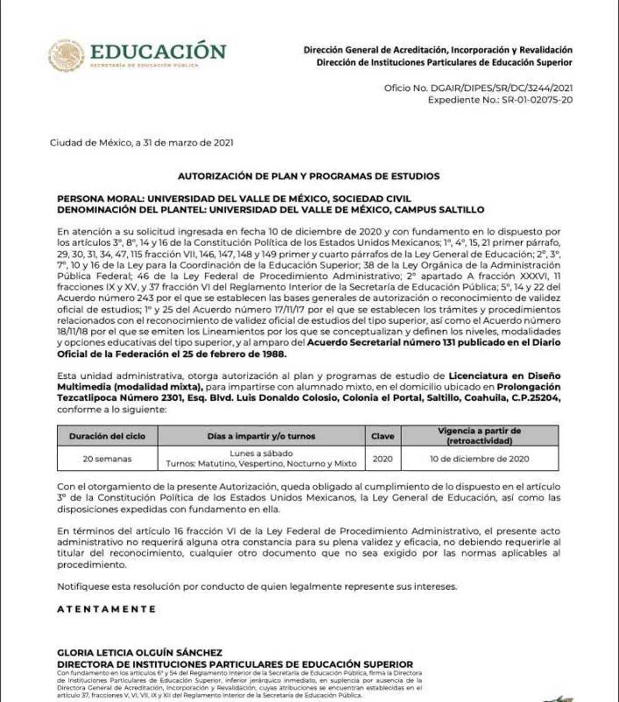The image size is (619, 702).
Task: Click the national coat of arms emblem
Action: [66, 55]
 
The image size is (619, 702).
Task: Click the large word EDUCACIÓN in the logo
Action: [158, 50]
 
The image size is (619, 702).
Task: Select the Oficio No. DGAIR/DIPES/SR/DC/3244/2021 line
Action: [478, 89]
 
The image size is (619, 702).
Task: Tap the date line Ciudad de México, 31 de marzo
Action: [142, 143]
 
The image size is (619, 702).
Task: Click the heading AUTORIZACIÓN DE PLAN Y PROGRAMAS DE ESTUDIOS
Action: [309, 176]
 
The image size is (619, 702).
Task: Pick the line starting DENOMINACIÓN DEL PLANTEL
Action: [270, 209]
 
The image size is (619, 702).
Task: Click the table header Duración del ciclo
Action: [107, 436]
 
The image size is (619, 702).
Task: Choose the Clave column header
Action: [383, 436]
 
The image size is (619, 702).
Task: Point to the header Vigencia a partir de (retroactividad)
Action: [479, 436]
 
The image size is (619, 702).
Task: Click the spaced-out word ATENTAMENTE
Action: [107, 609]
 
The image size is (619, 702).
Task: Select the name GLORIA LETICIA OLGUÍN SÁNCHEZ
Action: [140, 652]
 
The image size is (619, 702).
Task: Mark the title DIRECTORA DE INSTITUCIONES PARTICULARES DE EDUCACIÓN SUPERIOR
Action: [235, 663]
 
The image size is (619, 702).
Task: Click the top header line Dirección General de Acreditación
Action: [438, 49]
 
